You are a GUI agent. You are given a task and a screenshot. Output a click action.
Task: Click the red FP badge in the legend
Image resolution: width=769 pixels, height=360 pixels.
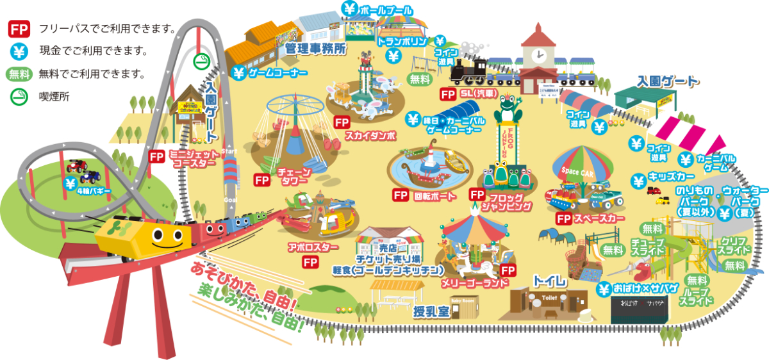pyautogui.click(x=18, y=29)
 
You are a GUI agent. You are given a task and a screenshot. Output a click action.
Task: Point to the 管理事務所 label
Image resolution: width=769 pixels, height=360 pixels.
pyautogui.click(x=315, y=48)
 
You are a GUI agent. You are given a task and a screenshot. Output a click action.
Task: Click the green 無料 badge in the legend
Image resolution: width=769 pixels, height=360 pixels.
pyautogui.click(x=19, y=74)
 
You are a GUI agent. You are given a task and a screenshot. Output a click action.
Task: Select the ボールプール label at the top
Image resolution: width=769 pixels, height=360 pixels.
pyautogui.click(x=382, y=11)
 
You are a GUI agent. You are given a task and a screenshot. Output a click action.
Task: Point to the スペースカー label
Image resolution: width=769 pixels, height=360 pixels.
pyautogui.click(x=599, y=218)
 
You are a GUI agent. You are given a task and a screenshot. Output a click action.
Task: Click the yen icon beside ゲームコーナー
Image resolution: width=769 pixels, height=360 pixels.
pyautogui.click(x=239, y=73)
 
